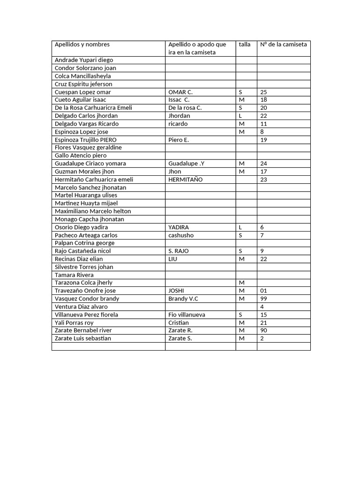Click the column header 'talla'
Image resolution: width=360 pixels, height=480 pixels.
tap(244, 45)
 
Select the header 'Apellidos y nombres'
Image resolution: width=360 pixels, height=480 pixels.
tap(82, 45)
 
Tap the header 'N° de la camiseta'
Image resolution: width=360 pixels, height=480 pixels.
tap(284, 45)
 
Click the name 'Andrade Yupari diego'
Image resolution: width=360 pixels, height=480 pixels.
tap(84, 60)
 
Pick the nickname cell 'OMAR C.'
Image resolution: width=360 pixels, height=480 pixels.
tap(180, 92)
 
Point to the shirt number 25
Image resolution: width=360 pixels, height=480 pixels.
tap(263, 92)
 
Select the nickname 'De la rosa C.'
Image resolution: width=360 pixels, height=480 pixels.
tap(185, 108)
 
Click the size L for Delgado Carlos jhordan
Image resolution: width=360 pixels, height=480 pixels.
tap(240, 116)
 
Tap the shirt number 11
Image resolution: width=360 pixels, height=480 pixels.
tap(263, 124)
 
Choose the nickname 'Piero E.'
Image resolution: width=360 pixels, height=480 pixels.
tap(179, 140)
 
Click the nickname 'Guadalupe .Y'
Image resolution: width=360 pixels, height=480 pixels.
tap(186, 164)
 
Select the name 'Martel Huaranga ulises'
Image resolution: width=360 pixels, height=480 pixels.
tap(86, 195)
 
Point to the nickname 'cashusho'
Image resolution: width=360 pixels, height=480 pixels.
tap(181, 235)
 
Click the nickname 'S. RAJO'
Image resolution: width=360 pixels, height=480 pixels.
tap(179, 251)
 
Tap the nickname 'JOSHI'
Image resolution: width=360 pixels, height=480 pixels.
tap(176, 291)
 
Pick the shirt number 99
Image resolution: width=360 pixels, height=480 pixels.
tap(263, 299)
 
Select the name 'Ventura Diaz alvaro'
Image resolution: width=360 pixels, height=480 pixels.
tap(81, 307)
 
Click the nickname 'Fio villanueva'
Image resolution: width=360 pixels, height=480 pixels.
tap(187, 315)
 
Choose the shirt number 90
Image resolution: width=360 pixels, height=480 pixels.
tap(263, 330)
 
